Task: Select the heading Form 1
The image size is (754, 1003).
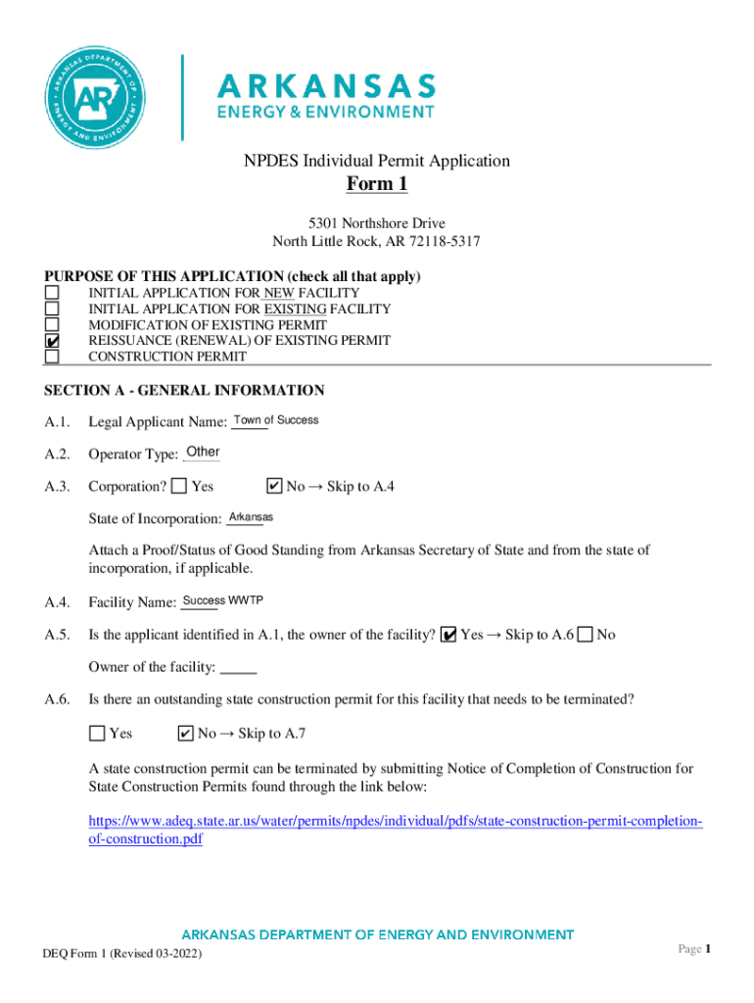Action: coord(377,185)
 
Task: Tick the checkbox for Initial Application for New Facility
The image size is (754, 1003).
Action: coord(52,293)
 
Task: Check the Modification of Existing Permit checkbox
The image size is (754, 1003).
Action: coord(52,324)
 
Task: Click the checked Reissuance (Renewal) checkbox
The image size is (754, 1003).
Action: coord(52,341)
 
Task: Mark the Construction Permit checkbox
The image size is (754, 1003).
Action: coord(52,357)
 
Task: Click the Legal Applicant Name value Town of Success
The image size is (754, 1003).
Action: coord(275,420)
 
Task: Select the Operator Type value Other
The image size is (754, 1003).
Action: coord(202,452)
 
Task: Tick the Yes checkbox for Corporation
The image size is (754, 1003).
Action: coord(179,486)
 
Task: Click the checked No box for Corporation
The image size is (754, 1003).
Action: coord(274,486)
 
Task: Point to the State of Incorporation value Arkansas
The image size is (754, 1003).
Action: coord(250,516)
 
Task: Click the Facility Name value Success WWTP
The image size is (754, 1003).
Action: coord(222,600)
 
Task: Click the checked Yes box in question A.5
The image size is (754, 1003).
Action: coord(448,635)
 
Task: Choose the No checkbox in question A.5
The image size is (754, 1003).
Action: coord(585,635)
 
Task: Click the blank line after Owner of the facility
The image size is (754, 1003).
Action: coord(239,670)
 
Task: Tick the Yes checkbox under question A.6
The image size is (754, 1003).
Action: coord(97,734)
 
